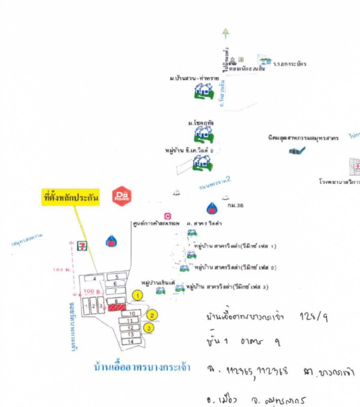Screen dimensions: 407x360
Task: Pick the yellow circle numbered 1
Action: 137,294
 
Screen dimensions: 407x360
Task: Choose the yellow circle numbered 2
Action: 151,315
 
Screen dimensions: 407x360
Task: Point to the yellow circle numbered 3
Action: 149,328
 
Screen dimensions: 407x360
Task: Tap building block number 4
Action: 95,278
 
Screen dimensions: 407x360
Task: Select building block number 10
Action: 132,313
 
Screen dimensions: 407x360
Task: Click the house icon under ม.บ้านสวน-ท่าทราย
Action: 204,91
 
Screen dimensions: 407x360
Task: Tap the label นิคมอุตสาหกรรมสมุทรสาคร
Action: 296,138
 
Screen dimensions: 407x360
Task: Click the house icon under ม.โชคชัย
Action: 203,134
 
